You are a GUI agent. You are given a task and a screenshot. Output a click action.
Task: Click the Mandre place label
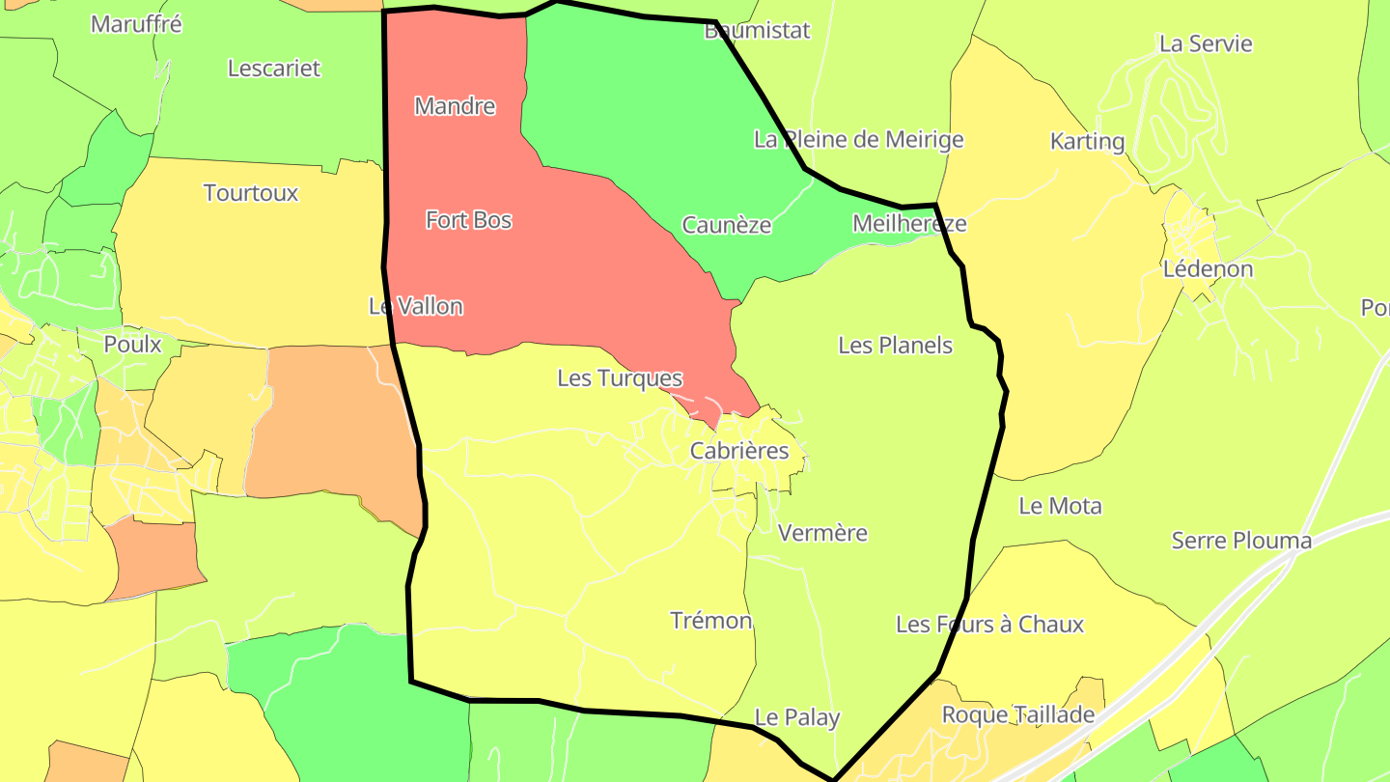coord(455,106)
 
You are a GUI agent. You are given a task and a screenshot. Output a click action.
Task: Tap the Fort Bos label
coord(468,220)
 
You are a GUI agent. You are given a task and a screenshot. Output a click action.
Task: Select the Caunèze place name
coord(727,225)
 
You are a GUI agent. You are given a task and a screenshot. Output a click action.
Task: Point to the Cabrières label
coord(739,451)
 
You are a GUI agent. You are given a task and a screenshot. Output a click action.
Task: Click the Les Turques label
coord(620,378)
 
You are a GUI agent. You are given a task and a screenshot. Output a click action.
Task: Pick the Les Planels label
coord(895,346)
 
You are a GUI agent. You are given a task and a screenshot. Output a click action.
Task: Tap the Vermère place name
coord(822,533)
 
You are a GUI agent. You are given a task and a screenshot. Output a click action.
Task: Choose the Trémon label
coord(711,621)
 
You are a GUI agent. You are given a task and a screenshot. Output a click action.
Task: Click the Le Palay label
coord(797,717)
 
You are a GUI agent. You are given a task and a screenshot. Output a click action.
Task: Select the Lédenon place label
coord(1208,269)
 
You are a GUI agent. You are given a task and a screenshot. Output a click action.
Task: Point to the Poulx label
coord(133,345)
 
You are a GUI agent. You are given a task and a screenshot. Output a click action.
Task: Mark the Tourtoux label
coord(251,193)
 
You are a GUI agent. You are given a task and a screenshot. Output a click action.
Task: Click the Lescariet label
coord(274,69)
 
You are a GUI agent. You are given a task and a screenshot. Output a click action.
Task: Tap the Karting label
coord(1088,142)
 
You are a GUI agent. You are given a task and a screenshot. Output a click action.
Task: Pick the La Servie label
coord(1206,43)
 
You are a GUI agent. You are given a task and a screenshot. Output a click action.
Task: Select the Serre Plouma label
coord(1241,541)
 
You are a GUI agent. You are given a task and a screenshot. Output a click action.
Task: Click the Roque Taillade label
coord(1018,714)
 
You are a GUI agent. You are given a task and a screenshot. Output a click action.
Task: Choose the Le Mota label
coord(1060,506)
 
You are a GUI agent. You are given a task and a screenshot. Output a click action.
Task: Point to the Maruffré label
coord(136,24)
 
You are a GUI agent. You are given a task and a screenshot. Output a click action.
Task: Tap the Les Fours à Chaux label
coord(989,625)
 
